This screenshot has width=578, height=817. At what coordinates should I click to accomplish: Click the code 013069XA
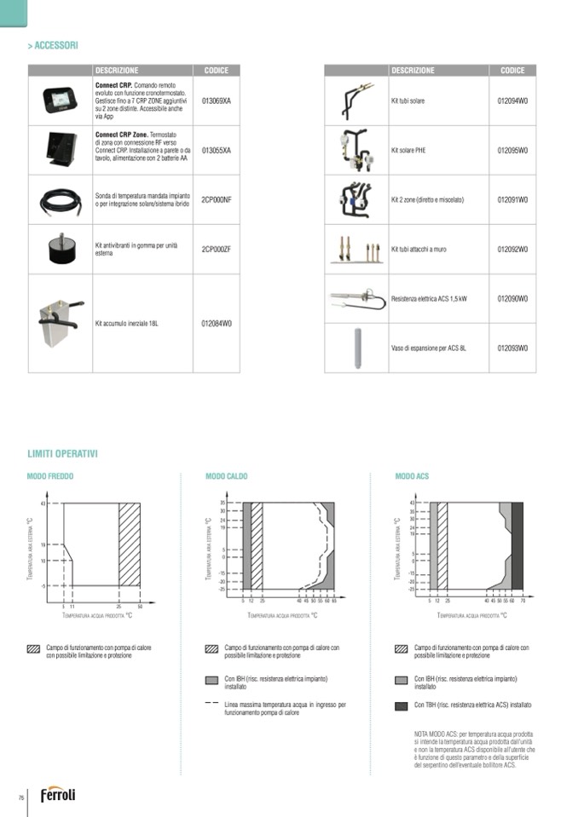coord(216,101)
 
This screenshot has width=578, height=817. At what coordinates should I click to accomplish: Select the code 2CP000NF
coord(216,199)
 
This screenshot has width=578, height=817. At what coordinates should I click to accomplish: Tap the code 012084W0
coord(216,324)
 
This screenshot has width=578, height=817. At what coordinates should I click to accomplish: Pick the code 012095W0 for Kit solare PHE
coord(512,150)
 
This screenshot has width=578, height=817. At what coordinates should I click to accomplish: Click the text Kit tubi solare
coord(407,101)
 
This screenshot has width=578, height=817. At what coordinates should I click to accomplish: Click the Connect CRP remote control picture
coord(61,101)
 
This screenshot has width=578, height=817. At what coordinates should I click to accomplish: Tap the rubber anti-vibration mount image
coord(61,248)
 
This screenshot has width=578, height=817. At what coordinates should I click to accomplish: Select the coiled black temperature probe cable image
coord(61,200)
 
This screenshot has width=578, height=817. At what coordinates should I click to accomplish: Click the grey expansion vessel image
coord(356,348)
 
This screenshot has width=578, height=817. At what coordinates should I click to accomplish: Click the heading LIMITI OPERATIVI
coord(62,454)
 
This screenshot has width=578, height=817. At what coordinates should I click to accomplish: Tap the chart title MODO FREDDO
coord(50,476)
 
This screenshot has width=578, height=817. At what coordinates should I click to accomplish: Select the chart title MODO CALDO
coord(227,476)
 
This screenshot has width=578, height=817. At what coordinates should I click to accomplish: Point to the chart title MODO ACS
coord(412,476)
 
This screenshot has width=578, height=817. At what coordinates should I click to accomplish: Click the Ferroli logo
coord(58,794)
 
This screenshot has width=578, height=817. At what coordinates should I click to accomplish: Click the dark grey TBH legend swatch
coord(401,705)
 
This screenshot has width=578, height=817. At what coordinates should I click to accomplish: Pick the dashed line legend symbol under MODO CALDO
coord(211,705)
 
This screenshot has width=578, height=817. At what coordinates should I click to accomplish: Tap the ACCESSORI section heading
coord(55,45)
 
